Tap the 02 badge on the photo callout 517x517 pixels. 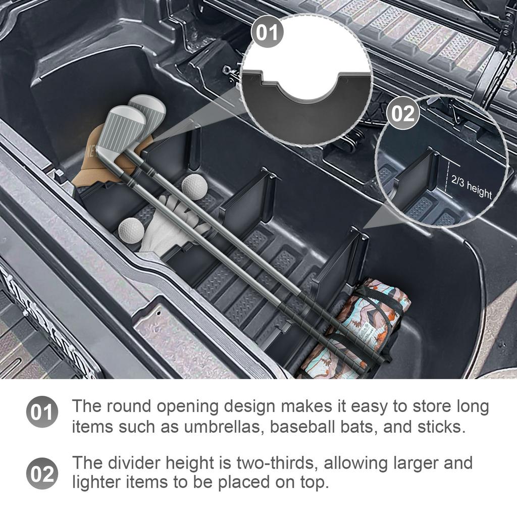[403, 114]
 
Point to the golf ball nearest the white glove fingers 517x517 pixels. [131, 231]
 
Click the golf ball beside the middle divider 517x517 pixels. [194, 186]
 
